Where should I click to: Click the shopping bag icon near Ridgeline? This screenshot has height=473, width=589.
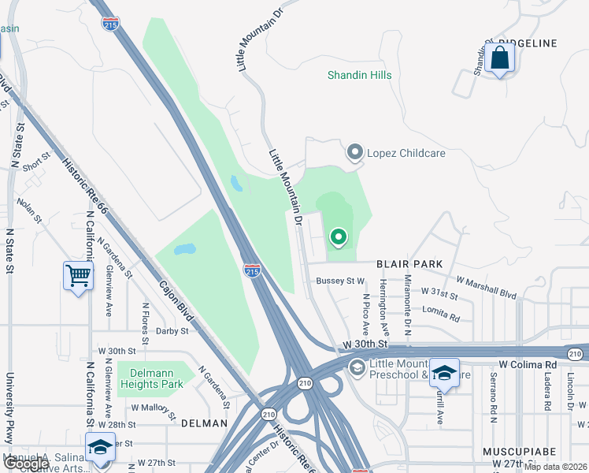click(x=499, y=58)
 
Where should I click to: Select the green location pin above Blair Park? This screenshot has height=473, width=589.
click(x=339, y=236)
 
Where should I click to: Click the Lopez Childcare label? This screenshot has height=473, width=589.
click(x=395, y=152)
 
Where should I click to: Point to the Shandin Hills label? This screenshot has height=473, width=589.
click(x=360, y=76)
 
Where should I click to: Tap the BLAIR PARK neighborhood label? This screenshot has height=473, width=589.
click(x=409, y=263)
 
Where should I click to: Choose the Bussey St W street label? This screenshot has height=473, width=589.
click(x=340, y=280)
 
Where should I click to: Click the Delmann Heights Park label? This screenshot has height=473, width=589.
click(x=151, y=378)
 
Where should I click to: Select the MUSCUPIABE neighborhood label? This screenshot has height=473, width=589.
click(x=520, y=452)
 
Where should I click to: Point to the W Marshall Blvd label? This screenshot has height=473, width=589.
click(x=486, y=287)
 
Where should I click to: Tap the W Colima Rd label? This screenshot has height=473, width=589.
click(x=528, y=365)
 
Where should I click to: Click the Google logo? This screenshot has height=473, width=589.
click(x=25, y=464)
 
